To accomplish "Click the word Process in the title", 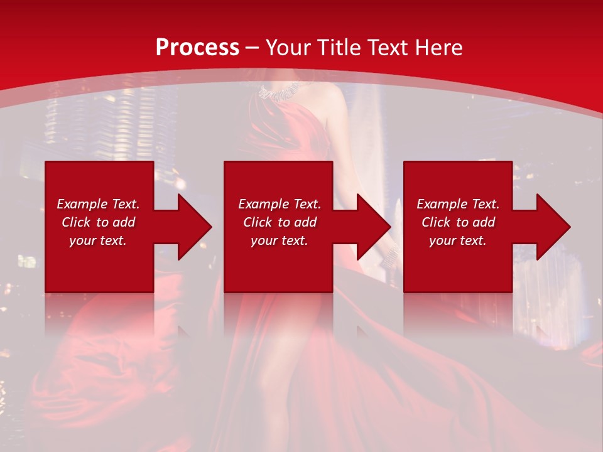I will point(197,48).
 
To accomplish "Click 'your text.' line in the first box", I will point(98,240).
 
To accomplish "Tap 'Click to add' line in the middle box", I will point(280,222).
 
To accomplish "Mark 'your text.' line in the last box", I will point(458,240).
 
